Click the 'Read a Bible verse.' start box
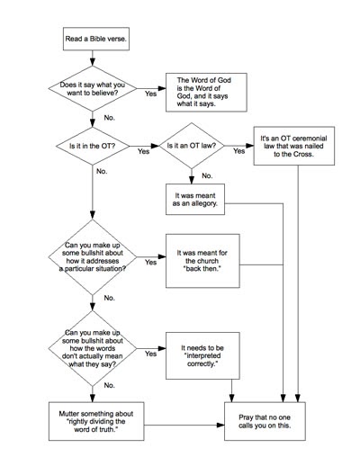93,40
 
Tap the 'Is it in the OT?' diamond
93,144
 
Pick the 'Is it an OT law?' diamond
190,144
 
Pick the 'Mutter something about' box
93,420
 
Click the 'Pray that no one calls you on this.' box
271,420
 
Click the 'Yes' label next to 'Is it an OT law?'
238,152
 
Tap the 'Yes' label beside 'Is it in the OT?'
142,152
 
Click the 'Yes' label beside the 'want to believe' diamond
148,93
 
